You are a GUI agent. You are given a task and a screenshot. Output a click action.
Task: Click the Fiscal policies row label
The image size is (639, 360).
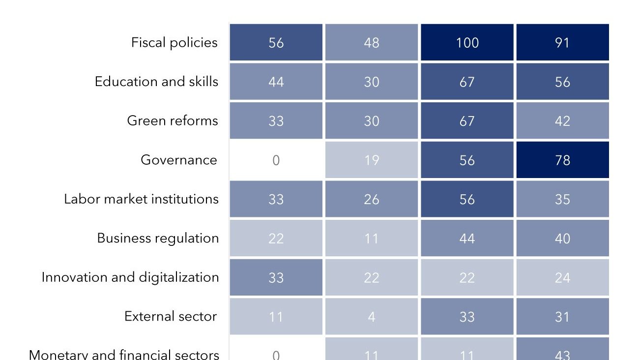tap(174, 43)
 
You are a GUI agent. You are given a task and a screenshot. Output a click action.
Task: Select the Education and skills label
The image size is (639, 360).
tap(156, 82)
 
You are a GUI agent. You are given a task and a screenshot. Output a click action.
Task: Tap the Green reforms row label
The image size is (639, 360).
tap(172, 121)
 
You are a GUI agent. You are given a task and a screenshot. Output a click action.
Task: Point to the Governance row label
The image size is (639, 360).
tap(178, 160)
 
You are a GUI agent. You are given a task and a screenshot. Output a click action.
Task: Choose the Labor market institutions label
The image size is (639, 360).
tap(141, 199)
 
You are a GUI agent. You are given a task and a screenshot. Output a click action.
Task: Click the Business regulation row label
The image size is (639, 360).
tap(158, 238)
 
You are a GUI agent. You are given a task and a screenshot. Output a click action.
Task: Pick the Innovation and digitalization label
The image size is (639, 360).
tap(130, 277)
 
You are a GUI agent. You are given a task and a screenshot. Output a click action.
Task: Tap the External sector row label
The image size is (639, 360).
tap(170, 316)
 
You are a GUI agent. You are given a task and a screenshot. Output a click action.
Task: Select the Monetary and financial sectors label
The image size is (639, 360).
tap(124, 354)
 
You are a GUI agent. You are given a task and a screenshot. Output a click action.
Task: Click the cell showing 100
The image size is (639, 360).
tap(467, 43)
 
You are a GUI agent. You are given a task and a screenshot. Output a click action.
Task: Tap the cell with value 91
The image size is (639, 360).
tap(562, 43)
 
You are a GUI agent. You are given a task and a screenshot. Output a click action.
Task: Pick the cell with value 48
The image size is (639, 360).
tap(372, 43)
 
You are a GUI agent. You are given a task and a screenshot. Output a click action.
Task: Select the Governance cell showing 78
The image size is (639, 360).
tap(562, 160)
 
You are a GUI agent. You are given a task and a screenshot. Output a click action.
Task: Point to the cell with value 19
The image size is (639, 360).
tap(372, 160)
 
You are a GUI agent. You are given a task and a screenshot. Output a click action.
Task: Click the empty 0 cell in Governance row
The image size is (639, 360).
tap(276, 160)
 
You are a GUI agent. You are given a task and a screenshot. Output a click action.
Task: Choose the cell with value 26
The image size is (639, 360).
tap(372, 199)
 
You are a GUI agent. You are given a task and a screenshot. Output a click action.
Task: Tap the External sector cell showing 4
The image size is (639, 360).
tap(372, 316)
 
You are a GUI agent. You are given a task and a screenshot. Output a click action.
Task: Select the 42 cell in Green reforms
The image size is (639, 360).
tap(562, 121)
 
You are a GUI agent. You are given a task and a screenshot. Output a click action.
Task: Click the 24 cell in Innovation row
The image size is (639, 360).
tap(562, 277)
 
